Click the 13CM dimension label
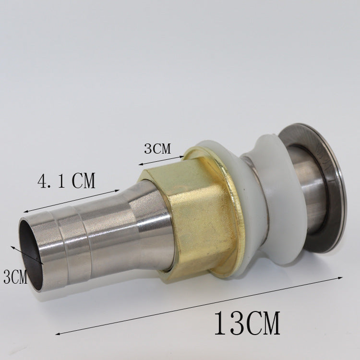(x=247, y=323)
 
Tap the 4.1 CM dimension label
(x=66, y=180)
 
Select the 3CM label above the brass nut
(x=157, y=148)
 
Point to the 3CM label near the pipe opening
(x=15, y=276)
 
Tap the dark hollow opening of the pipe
(x=29, y=254)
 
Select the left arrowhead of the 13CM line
(x=58, y=334)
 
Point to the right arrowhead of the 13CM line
(x=340, y=278)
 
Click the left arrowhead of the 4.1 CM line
(x=26, y=212)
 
